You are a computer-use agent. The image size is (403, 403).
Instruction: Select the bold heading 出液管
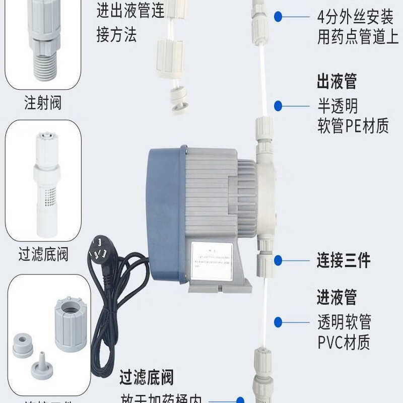(337, 81)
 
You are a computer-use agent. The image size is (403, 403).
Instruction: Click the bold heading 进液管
(337, 297)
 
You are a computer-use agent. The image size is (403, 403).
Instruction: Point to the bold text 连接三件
(344, 260)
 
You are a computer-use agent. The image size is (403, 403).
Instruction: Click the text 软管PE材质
(353, 125)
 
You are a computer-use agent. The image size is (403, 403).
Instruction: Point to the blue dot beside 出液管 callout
(278, 106)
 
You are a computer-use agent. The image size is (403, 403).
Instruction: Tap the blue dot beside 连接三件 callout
(278, 260)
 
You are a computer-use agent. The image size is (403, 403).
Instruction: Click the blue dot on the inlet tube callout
(278, 321)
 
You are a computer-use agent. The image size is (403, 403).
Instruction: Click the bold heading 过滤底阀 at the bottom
(147, 377)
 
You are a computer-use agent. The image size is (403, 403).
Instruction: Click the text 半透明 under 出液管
(338, 105)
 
